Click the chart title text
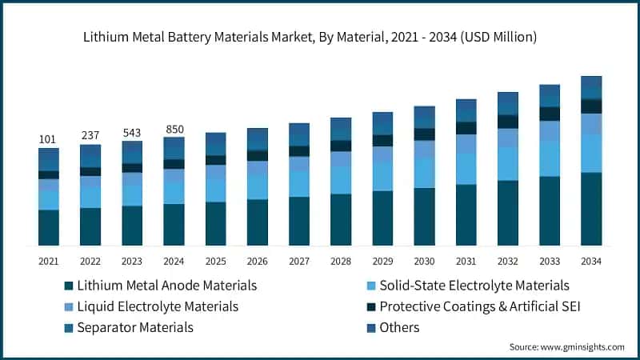point(320,37)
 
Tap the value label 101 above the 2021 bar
point(48,140)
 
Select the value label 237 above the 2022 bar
point(90,135)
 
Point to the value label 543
point(132,132)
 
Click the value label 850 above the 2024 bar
point(174,129)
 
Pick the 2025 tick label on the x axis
point(215,262)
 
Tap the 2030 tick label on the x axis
point(424,262)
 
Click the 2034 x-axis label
point(591,262)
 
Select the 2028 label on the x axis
point(341,262)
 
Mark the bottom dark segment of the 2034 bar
point(591,209)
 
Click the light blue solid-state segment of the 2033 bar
point(550,158)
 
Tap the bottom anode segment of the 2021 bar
point(48,227)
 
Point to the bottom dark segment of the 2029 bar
point(382,218)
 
